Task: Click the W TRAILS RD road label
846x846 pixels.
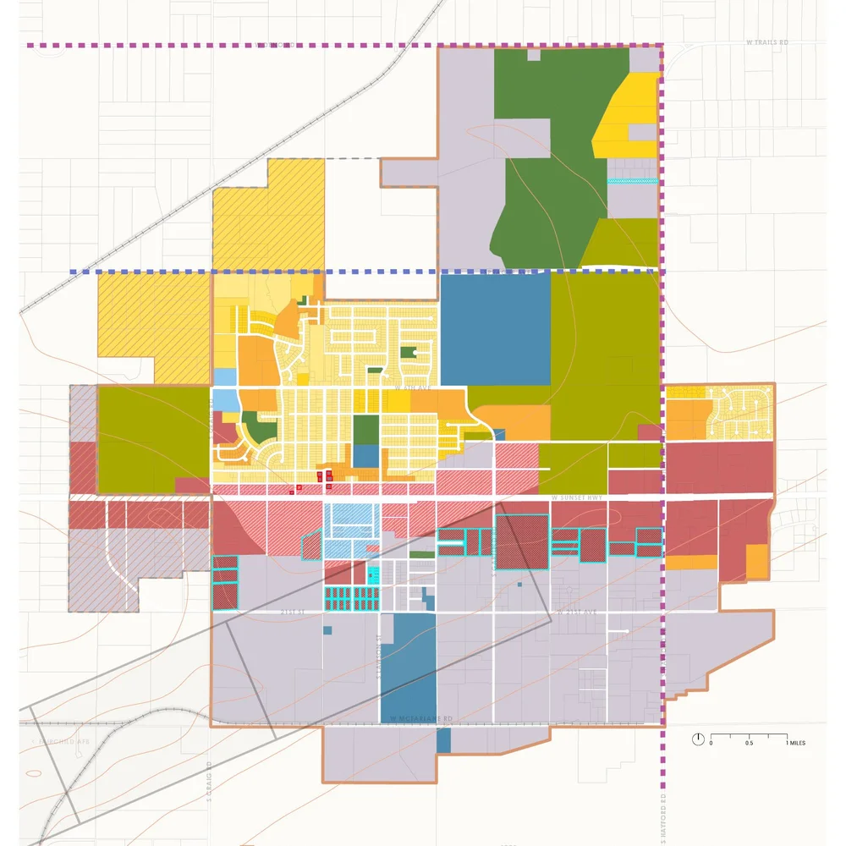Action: click(x=768, y=41)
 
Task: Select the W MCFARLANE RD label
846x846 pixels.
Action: click(x=422, y=718)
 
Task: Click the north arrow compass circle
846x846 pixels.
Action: click(x=698, y=739)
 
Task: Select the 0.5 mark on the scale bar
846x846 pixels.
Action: click(x=749, y=743)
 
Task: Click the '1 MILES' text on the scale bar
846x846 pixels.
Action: click(x=795, y=743)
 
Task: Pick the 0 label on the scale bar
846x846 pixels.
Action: click(x=711, y=743)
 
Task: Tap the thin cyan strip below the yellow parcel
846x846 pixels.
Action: click(x=632, y=180)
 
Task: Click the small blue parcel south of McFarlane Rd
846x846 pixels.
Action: click(x=444, y=740)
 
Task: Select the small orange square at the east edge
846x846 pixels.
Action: click(x=756, y=561)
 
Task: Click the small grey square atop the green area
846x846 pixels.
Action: click(x=533, y=54)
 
